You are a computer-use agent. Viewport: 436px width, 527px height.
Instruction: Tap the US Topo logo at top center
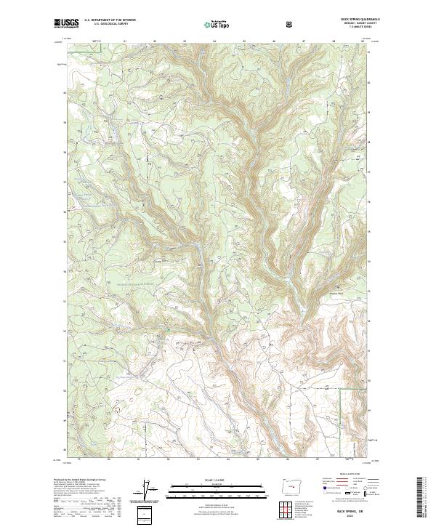click(218, 25)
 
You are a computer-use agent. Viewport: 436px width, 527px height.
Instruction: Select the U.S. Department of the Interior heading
click(109, 20)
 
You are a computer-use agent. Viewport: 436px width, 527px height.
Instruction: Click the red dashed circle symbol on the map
click(116, 409)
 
